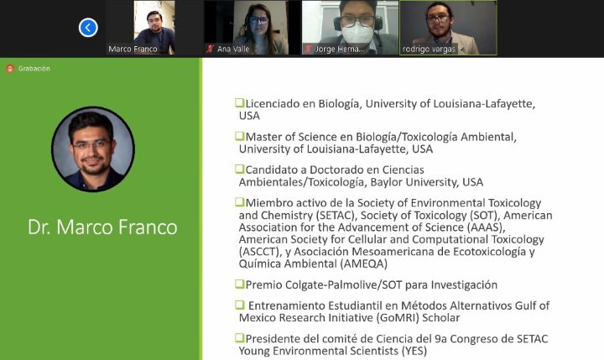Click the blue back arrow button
88,28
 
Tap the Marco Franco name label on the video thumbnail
133,49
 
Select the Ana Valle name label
233,49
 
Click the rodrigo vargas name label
429,49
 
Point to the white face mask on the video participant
357,34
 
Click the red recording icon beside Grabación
10,69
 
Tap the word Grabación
34,69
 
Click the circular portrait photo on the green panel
93,149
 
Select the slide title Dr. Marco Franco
102,227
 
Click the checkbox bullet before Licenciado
240,103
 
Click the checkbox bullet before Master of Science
240,136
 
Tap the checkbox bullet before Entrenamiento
240,305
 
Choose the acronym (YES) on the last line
414,351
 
